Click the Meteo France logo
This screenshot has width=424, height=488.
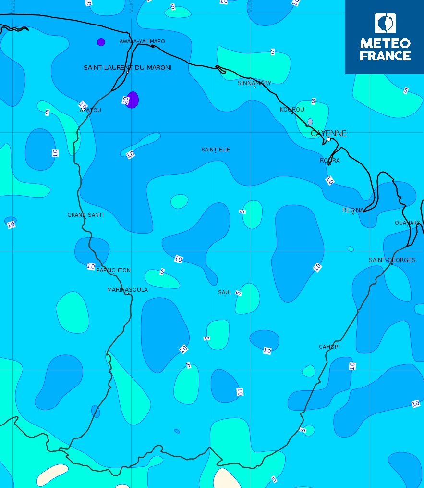tap(385, 37)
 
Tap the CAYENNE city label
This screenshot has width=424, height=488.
tap(328, 133)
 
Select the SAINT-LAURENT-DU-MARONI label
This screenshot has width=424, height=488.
tap(127, 68)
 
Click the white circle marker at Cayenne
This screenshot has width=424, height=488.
tap(329, 139)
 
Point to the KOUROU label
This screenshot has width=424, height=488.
tap(292, 110)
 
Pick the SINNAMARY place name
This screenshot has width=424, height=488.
tap(254, 83)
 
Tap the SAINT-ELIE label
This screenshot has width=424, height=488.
tap(216, 150)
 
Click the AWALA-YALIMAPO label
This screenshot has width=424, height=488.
tap(142, 42)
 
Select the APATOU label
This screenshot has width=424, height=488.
tap(90, 110)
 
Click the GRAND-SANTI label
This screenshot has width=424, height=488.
tap(85, 215)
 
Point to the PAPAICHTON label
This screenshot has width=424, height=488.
tap(113, 270)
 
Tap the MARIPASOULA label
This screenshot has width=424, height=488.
tap(127, 290)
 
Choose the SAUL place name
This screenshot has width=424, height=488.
tap(225, 292)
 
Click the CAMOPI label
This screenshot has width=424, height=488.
tap(329, 347)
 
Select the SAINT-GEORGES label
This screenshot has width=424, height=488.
tap(392, 260)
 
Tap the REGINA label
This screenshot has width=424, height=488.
tap(353, 210)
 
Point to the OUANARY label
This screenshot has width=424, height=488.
tap(407, 223)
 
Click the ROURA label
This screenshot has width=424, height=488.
tap(330, 161)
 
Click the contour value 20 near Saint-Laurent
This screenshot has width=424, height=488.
tap(125, 100)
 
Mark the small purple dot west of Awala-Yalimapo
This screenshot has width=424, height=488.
tap(101, 42)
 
